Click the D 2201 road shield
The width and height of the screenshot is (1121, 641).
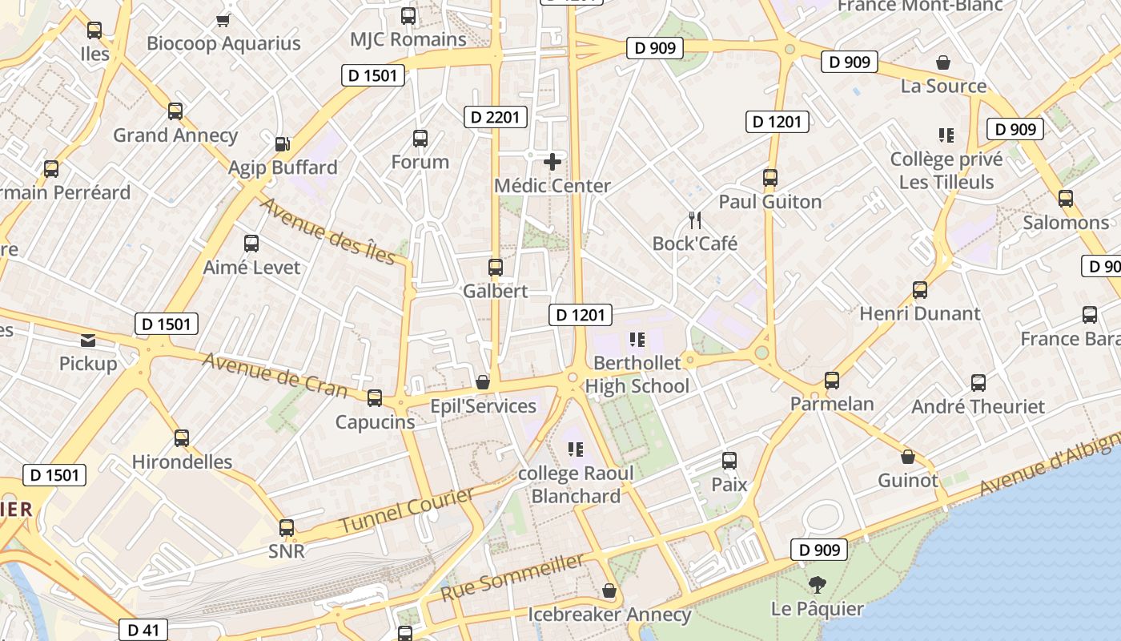coord(495,117)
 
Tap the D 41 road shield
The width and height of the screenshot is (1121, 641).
coord(144,630)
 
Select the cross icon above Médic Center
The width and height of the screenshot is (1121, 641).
coord(552,162)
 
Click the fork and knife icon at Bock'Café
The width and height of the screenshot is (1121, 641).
coord(695,220)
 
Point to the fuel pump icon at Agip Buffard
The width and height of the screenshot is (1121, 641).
coord(282,144)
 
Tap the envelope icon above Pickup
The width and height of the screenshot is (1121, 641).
coord(88,341)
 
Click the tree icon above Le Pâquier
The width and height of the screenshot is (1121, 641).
coord(817,585)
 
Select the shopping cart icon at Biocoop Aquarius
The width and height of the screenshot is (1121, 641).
coord(223,20)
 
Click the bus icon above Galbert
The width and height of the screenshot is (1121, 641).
coord(496,268)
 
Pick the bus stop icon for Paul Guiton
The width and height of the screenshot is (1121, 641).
coord(770,178)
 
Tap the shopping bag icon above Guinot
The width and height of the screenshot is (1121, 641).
coord(907,458)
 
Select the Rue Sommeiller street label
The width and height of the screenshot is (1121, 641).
coord(512,578)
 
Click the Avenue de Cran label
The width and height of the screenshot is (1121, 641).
coord(275,375)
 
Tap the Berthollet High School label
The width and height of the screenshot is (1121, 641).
coord(637,375)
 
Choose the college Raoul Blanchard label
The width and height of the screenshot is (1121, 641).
coord(576,484)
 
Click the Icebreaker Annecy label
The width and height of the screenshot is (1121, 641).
coord(609,615)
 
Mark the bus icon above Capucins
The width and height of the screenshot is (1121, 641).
coord(374,398)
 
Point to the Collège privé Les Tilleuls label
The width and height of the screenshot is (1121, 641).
coord(946,171)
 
